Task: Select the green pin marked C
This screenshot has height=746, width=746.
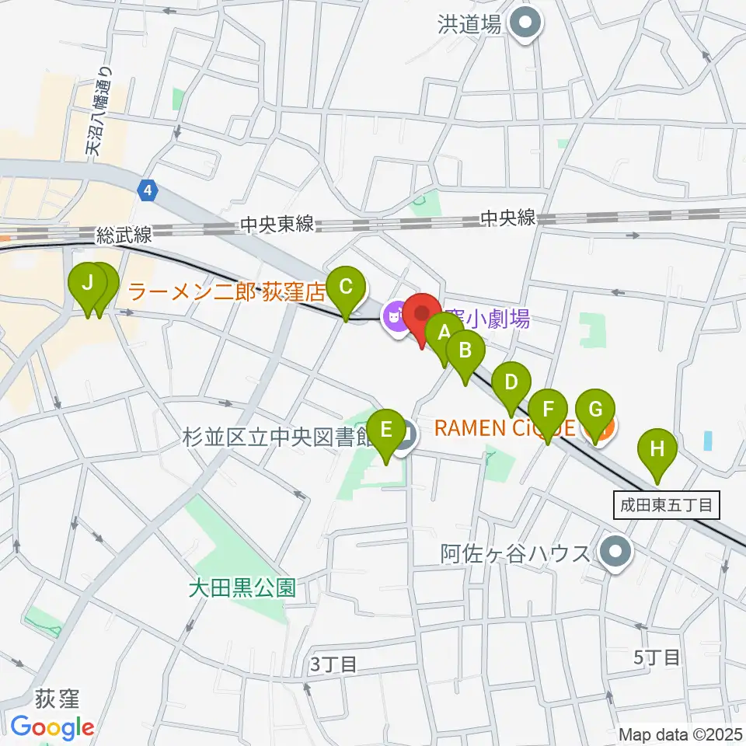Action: (346, 288)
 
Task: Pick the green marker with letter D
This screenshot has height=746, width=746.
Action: (511, 383)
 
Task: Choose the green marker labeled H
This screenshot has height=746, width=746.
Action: (657, 449)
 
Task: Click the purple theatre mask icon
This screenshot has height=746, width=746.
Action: (395, 315)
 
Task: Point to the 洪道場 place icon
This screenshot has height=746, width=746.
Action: (527, 24)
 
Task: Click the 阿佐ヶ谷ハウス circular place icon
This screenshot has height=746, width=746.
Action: (617, 553)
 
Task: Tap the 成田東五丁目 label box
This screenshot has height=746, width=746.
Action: (666, 505)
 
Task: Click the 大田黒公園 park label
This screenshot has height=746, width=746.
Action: (243, 587)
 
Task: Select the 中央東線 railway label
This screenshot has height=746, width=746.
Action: (277, 225)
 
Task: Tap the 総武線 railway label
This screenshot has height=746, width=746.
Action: (125, 234)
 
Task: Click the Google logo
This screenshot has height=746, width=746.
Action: (52, 728)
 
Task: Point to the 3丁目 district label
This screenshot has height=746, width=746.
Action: (333, 664)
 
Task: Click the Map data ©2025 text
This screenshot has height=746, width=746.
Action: (679, 734)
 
